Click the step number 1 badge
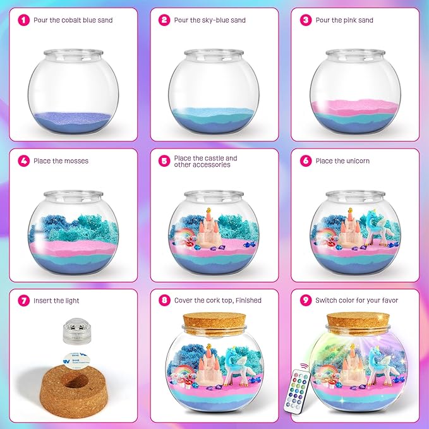tap(23, 20)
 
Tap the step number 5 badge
tap(164, 161)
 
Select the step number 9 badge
tap(306, 301)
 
